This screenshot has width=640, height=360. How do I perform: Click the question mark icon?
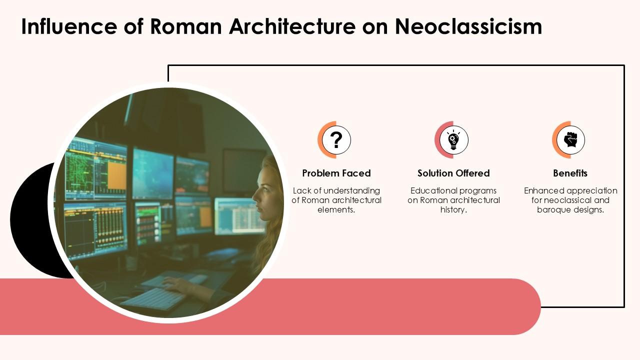point(336,140)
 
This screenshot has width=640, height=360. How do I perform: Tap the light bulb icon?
point(453,140)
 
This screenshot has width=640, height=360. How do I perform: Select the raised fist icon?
point(570,140)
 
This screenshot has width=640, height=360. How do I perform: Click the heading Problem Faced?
point(336,173)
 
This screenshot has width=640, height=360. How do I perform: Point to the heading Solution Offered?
point(453,173)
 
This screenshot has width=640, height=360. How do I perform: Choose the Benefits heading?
point(570,173)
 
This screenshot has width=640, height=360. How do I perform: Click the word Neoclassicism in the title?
point(468,26)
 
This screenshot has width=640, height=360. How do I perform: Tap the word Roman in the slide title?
point(186,26)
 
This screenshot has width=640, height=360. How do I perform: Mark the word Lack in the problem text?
point(302,191)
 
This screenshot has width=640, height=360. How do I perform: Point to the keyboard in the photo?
point(152,299)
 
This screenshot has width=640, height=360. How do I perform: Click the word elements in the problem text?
point(335,210)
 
